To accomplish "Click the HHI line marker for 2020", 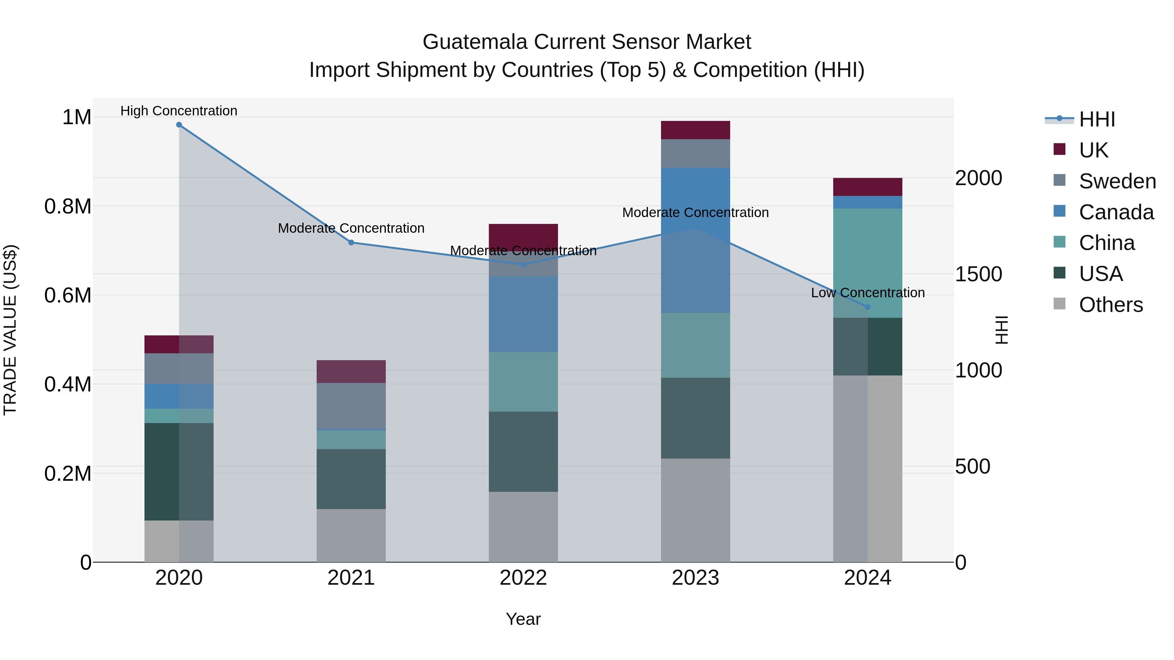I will (179, 125).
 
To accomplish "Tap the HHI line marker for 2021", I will (351, 243).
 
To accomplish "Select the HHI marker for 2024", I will (868, 307).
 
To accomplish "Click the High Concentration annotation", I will (179, 111).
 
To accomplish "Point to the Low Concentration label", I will (868, 293).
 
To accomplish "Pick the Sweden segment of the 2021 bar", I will (351, 405).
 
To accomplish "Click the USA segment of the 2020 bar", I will (179, 471).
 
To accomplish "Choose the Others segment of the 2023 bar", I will (696, 510).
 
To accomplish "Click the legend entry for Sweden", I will (1117, 181).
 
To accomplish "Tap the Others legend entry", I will (1110, 305).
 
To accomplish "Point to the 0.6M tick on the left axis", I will (68, 296).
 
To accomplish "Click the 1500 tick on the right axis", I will (978, 274).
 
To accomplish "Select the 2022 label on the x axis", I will (523, 578).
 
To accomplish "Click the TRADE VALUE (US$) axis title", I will (10, 330).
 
